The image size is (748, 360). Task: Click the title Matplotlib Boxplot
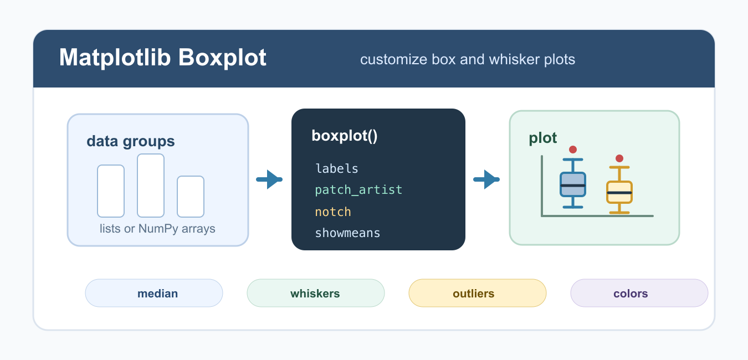pyautogui.click(x=163, y=58)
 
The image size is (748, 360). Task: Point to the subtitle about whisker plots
pyautogui.click(x=468, y=59)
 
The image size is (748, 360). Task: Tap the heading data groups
pyautogui.click(x=131, y=141)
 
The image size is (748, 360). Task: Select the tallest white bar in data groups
pyautogui.click(x=151, y=186)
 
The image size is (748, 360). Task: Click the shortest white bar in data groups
pyautogui.click(x=191, y=197)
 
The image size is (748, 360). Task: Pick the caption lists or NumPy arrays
pyautogui.click(x=157, y=229)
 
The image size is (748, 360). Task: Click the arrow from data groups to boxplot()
pyautogui.click(x=269, y=179)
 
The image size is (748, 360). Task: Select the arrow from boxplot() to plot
pyautogui.click(x=486, y=179)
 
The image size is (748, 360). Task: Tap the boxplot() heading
pyautogui.click(x=344, y=136)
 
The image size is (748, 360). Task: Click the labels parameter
pyautogui.click(x=337, y=168)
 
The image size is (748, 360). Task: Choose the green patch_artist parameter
pyautogui.click(x=358, y=190)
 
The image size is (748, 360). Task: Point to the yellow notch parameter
pyautogui.click(x=333, y=212)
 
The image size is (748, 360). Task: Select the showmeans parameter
pyautogui.click(x=347, y=233)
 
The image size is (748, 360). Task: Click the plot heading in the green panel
pyautogui.click(x=542, y=138)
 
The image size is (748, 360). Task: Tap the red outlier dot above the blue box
pyautogui.click(x=573, y=150)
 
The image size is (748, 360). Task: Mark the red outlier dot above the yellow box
pyautogui.click(x=619, y=158)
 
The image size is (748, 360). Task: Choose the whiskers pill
pyautogui.click(x=316, y=293)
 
